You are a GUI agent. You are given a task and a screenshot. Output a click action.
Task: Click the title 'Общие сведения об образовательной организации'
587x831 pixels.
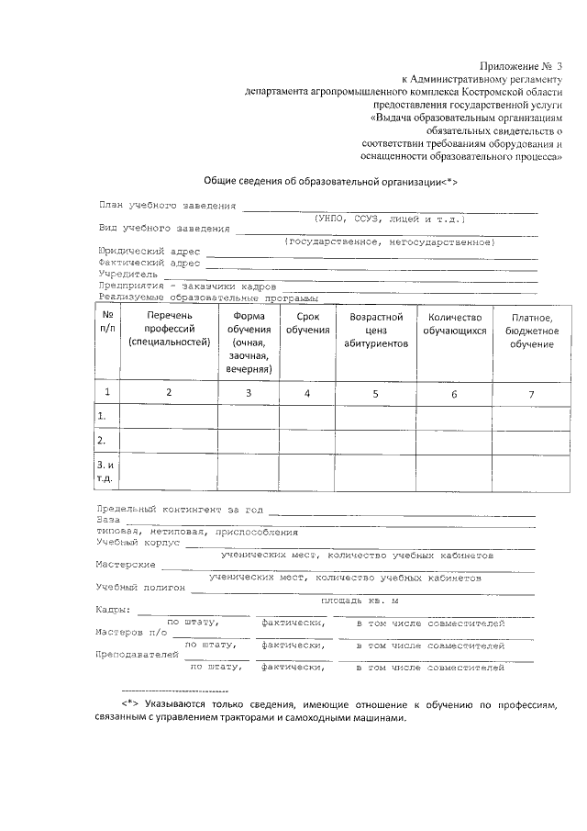[x=329, y=182]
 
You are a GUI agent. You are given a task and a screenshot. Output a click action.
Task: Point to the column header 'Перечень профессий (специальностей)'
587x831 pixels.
[x=169, y=331]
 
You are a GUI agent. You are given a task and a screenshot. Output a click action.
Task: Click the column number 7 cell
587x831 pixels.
[x=530, y=394]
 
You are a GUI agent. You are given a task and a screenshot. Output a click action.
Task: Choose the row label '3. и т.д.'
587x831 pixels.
[x=105, y=472]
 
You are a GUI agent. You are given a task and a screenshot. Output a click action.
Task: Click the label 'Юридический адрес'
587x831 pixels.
[x=150, y=251]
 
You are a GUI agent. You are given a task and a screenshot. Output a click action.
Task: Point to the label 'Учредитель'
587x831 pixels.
[x=128, y=274]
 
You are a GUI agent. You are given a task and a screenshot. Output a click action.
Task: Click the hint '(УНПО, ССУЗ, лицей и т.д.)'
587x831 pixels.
[x=389, y=219]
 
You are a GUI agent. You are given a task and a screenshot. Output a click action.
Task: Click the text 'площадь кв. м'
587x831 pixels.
[x=360, y=600]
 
